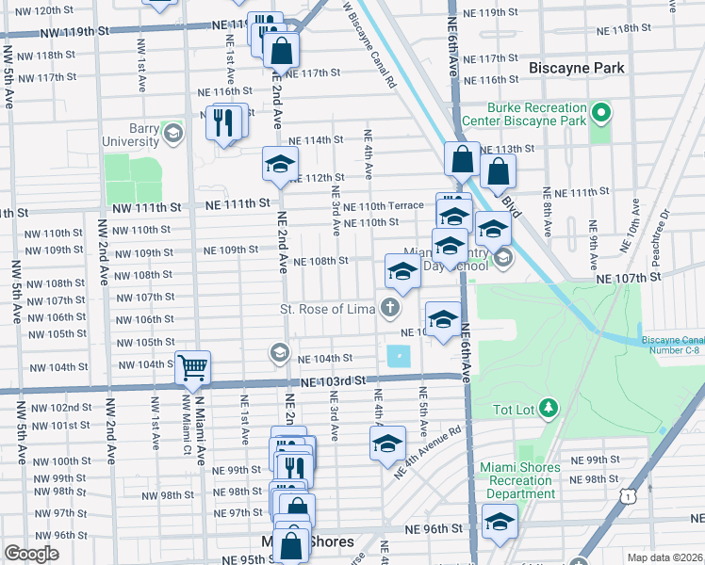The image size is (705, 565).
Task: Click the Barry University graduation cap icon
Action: (x=172, y=133)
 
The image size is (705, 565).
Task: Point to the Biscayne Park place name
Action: (x=576, y=69)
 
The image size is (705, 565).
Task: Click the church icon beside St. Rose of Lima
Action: (x=389, y=308)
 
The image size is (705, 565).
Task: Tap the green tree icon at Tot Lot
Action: (x=549, y=409)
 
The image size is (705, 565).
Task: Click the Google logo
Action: (x=31, y=553)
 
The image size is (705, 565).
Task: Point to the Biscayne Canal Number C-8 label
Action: (x=672, y=346)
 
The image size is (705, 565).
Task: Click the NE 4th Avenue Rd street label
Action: (x=428, y=452)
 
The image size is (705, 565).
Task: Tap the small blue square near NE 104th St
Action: (x=399, y=357)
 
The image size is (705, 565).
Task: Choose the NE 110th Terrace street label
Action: (x=384, y=206)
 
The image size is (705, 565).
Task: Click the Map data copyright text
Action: (x=664, y=557)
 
